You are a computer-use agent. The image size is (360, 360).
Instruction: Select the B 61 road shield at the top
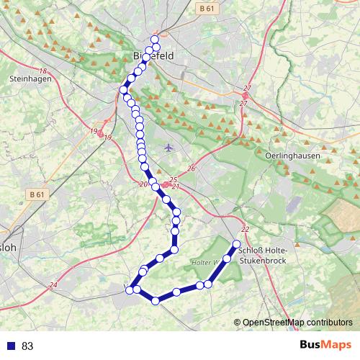coord(205,8)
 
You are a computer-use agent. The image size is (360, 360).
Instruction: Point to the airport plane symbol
coord(168,148)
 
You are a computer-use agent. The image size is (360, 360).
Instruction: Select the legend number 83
coord(27,346)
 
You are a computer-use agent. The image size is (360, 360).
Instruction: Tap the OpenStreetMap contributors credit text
coord(297,323)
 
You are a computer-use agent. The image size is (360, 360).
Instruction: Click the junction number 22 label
coord(246,229)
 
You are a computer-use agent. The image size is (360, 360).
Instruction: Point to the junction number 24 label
coord(53,286)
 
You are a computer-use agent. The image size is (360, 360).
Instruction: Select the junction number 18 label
coord(43,71)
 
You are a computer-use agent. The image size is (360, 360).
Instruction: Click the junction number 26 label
coord(192,168)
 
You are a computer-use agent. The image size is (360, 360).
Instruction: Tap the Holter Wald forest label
coord(205,262)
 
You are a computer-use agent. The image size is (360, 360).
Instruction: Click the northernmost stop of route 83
coord(154,40)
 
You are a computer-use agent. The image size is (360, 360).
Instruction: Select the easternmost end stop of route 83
coord(237,243)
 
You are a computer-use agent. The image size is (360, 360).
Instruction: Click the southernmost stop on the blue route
coord(155,300)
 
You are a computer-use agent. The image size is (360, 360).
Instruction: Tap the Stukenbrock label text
coord(264,262)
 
